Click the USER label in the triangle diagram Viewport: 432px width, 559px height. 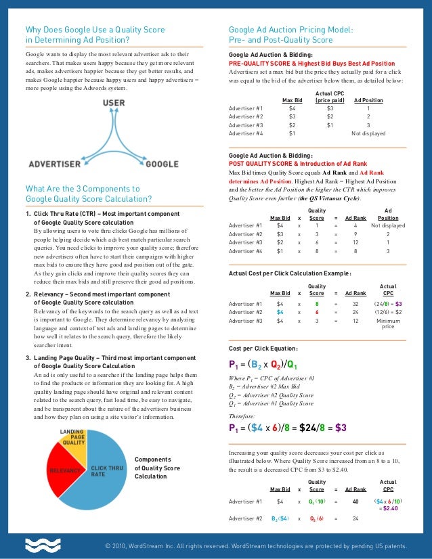112,104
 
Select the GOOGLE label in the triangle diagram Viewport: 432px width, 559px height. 162,164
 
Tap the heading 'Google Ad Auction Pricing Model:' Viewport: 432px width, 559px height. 290,30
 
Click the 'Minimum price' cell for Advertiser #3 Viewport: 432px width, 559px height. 388,323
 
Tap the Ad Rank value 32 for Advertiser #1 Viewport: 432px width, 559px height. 355,305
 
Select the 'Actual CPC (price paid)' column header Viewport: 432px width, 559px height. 330,96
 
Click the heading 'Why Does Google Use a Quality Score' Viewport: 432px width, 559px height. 95,30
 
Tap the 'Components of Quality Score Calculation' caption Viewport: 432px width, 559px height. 158,468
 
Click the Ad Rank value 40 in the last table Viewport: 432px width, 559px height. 355,501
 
